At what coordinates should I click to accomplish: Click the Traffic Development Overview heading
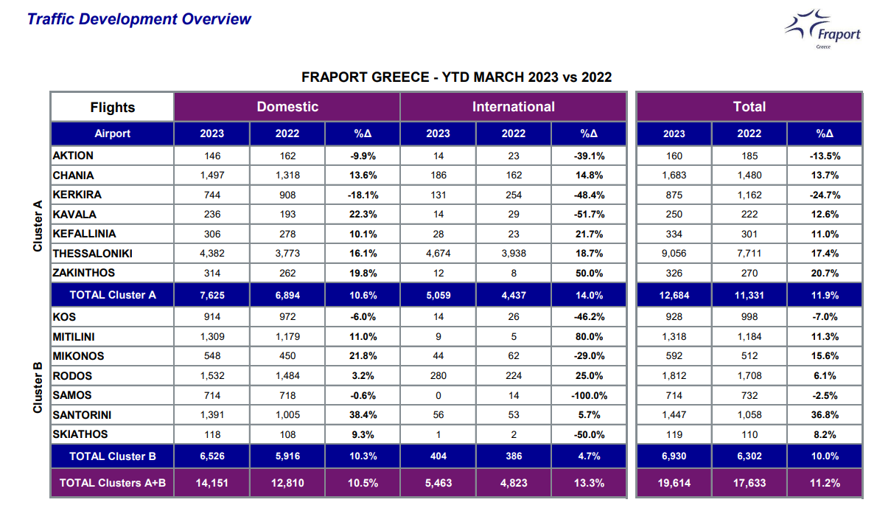pyautogui.click(x=139, y=19)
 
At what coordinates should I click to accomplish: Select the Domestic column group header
pyautogui.click(x=287, y=107)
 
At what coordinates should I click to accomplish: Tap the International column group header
pyautogui.click(x=513, y=107)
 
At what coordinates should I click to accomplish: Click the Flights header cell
pyautogui.click(x=112, y=107)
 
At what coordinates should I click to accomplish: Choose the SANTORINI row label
pyautogui.click(x=82, y=415)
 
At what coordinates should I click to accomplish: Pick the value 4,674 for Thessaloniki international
pyautogui.click(x=438, y=254)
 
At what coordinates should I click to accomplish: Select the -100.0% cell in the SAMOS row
pyautogui.click(x=589, y=396)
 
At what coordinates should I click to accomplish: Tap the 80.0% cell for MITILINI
pyautogui.click(x=589, y=337)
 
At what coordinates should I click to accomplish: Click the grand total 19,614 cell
pyautogui.click(x=674, y=483)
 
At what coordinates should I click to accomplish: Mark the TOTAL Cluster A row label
pyautogui.click(x=113, y=295)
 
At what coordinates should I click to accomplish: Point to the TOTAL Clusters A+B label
pyautogui.click(x=113, y=483)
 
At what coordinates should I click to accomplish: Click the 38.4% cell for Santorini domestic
pyautogui.click(x=363, y=415)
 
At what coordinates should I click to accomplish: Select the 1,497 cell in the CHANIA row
pyautogui.click(x=212, y=175)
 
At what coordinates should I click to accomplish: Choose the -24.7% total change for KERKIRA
pyautogui.click(x=824, y=195)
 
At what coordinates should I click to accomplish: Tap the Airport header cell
pyautogui.click(x=112, y=133)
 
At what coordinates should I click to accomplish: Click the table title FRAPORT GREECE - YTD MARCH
pyautogui.click(x=456, y=77)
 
